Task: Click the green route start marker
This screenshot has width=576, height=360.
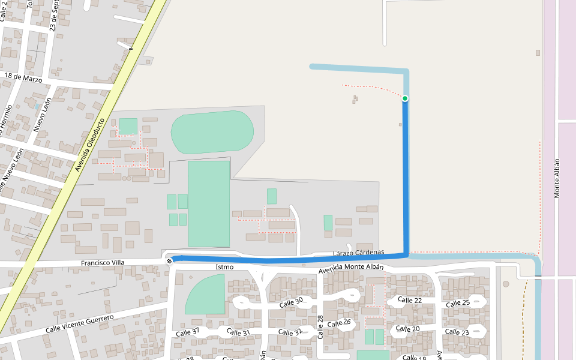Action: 405,98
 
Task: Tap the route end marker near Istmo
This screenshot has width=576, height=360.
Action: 170,260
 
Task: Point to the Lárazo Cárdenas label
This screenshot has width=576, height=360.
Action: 358,253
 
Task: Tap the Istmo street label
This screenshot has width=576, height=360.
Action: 224,266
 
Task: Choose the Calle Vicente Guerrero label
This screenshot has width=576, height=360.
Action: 79,325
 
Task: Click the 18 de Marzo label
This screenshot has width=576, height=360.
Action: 23,77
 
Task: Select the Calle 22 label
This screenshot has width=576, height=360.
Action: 410,300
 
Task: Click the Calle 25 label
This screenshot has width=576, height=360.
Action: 458,302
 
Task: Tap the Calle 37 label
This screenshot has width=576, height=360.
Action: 188,332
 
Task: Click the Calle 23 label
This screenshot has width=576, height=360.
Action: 457,332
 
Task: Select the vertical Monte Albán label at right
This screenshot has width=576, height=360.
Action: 557,178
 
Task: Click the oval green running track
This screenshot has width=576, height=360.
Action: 212,132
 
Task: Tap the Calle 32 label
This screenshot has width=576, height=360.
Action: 290,332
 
